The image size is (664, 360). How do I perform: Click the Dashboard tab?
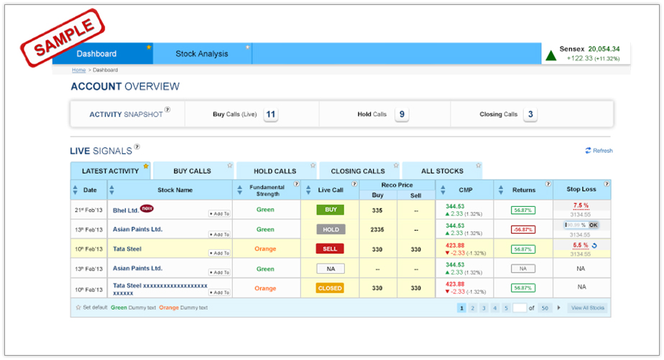97,54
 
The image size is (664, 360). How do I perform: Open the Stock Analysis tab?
202,54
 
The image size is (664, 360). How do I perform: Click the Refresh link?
599,151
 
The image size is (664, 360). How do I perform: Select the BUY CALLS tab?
193,171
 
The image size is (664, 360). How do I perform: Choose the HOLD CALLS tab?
275,171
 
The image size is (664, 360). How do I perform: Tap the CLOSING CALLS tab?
358,171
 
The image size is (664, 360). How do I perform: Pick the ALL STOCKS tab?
442,171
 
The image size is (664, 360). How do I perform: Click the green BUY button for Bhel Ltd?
331,210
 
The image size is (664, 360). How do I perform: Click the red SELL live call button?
331,249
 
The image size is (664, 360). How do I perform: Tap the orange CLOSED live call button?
331,288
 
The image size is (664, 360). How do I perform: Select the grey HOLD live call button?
331,229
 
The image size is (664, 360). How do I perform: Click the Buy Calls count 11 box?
271,114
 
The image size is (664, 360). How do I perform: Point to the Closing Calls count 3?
530,114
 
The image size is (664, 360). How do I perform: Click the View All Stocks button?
588,308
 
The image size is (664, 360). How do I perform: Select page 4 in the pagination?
495,308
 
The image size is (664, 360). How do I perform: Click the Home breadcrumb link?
78,70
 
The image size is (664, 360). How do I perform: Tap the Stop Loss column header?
581,190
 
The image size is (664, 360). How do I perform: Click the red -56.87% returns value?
523,229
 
